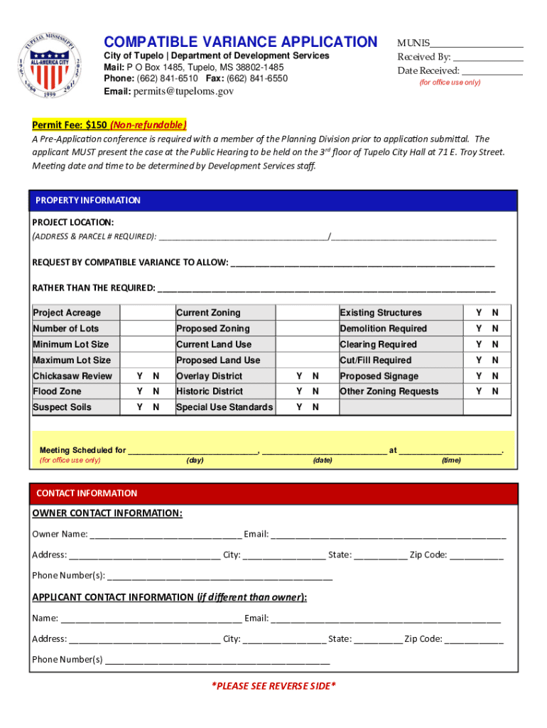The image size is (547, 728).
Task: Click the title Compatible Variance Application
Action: [x=241, y=42]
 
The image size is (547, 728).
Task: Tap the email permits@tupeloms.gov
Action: [x=183, y=92]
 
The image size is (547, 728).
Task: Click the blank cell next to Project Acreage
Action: [x=147, y=313]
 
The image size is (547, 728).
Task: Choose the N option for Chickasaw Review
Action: [x=156, y=376]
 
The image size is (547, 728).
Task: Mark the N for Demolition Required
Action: [x=495, y=328]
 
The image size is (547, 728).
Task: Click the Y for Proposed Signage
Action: [x=480, y=376]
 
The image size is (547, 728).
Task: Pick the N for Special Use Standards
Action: [x=315, y=407]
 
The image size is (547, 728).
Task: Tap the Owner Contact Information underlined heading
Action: [x=107, y=513]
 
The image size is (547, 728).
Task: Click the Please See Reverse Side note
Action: [x=273, y=686]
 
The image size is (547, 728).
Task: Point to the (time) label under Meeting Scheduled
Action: [x=451, y=461]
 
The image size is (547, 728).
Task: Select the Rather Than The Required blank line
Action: [x=326, y=289]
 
